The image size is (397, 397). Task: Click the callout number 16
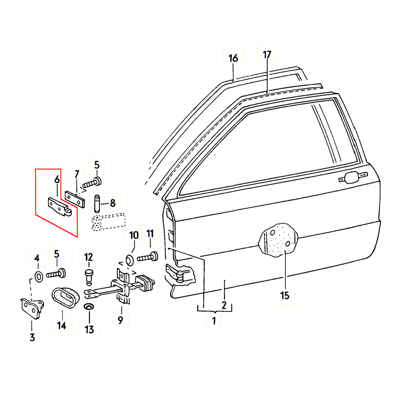tap(233, 58)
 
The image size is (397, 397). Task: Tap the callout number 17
tap(267, 55)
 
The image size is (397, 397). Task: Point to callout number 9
tap(120, 320)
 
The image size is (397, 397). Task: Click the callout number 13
tap(89, 329)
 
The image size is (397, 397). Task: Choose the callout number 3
tap(32, 337)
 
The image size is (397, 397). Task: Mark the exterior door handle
tap(351, 178)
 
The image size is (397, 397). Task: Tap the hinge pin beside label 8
tap(98, 203)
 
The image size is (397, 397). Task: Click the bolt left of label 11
tap(147, 257)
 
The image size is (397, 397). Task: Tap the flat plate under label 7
tap(75, 199)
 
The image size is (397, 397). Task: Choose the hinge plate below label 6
tap(60, 207)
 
